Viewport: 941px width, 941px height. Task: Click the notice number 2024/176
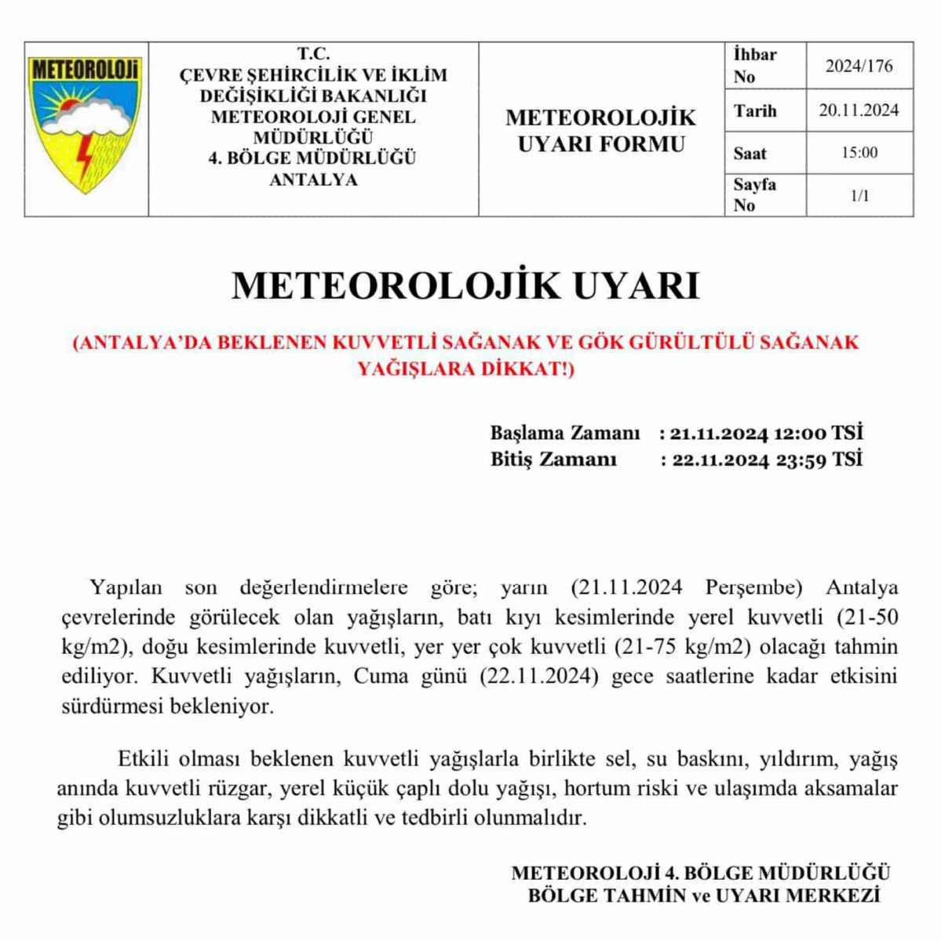pos(859,66)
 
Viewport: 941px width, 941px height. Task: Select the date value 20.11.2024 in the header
pos(859,111)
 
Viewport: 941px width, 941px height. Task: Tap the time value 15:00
pos(859,153)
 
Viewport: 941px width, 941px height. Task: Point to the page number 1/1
pos(859,195)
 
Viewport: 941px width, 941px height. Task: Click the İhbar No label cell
pos(755,66)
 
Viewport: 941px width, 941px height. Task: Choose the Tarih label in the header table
pos(755,111)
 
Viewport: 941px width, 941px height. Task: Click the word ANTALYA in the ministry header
pos(313,180)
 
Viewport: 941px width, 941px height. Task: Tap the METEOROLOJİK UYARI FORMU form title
pos(600,131)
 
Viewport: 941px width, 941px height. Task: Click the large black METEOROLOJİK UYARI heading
pos(465,286)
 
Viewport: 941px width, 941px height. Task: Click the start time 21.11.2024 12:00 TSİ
pos(766,433)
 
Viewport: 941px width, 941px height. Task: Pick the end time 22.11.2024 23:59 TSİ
pos(766,460)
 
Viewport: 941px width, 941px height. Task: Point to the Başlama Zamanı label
pos(565,433)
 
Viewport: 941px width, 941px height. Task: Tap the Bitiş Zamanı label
pos(553,460)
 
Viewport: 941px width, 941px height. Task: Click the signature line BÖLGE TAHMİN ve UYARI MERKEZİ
pos(703,896)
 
